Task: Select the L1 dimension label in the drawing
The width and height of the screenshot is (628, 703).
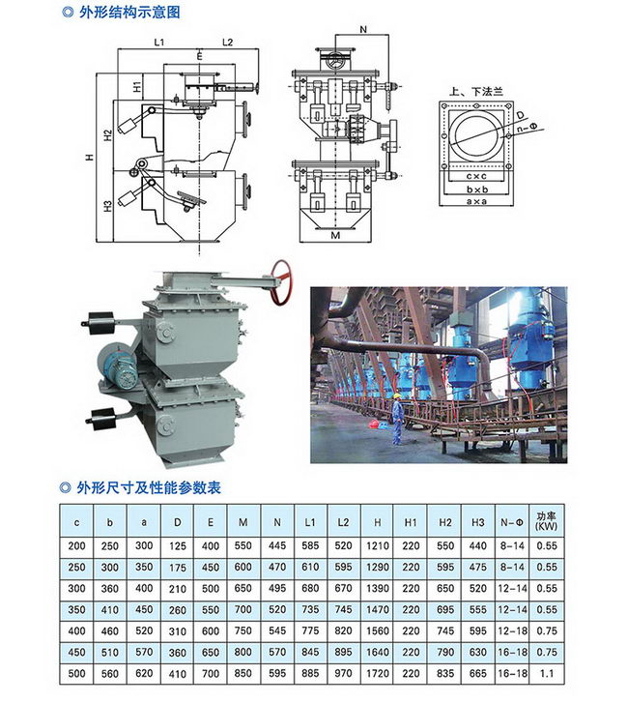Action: (159, 43)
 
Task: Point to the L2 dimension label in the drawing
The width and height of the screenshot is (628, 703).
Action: (228, 43)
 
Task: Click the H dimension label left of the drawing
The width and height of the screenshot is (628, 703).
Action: (90, 158)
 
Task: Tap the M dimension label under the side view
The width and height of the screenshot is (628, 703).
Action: (335, 235)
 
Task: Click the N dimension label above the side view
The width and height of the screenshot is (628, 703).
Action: (363, 30)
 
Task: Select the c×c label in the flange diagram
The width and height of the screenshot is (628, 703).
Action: (476, 176)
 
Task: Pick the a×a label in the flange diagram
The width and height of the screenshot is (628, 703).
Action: (476, 201)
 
